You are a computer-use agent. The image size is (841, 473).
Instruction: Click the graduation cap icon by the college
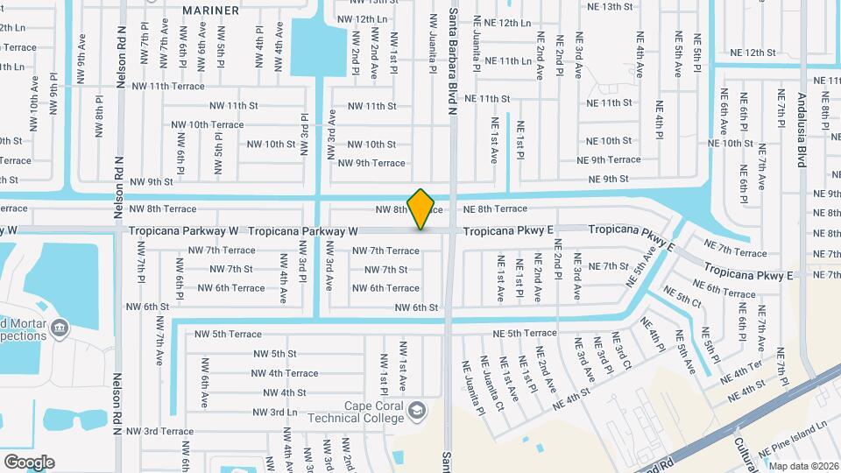click(416, 411)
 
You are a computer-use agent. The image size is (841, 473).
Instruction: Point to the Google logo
click(29, 462)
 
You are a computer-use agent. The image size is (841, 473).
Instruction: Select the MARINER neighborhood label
click(210, 11)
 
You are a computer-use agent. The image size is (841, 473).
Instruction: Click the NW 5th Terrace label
click(228, 334)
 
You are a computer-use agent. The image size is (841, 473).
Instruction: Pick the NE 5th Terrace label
click(524, 333)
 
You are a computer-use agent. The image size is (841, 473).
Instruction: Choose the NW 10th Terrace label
click(208, 124)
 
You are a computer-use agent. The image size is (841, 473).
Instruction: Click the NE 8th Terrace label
click(495, 209)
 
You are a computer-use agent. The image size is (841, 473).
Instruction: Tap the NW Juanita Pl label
click(433, 42)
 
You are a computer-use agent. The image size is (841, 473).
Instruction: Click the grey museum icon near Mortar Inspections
click(60, 328)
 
